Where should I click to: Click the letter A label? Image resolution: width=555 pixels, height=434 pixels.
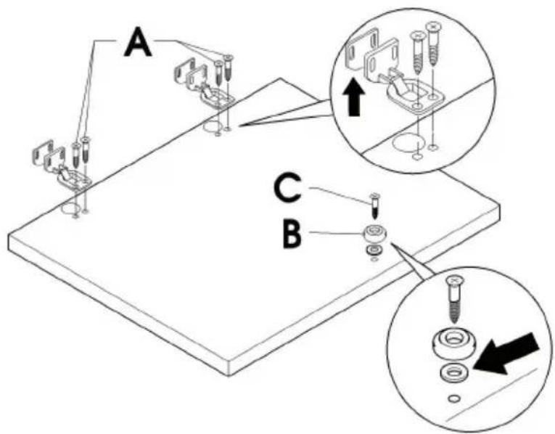pos(138,44)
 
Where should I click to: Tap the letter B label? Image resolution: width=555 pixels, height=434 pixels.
pos(292,234)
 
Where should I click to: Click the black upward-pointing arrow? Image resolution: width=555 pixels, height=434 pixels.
pos(354,101)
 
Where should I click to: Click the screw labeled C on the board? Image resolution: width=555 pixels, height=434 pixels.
pos(374,205)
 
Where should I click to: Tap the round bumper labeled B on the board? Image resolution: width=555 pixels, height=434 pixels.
pos(374,233)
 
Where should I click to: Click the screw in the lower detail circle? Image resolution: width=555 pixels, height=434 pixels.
pos(454,300)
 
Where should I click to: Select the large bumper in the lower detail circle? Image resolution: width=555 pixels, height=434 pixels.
pos(454,343)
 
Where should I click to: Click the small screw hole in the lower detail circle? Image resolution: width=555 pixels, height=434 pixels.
pos(453,398)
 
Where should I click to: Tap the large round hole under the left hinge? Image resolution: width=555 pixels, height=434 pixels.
pos(70,208)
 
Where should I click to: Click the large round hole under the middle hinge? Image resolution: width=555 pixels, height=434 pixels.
pos(213,126)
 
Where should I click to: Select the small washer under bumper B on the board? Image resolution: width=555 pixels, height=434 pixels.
pos(372,250)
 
